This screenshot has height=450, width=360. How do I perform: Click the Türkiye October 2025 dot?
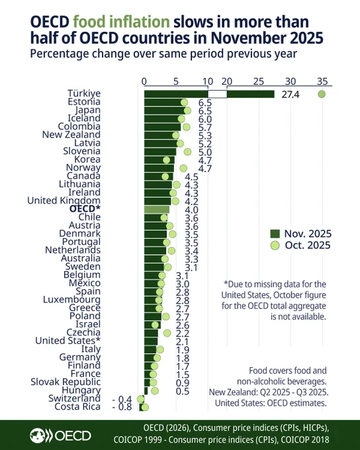[x=322, y=94]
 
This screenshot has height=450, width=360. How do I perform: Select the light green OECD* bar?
[x=157, y=210]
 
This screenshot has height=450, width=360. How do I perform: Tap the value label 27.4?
[x=291, y=95]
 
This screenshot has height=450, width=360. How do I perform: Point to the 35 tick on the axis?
[x=322, y=81]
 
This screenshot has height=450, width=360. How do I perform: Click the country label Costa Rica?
[x=77, y=407]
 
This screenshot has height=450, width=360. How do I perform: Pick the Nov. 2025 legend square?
[x=275, y=234]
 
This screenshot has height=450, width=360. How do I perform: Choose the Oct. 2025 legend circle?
[x=275, y=246]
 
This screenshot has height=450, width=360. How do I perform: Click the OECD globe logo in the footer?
[x=38, y=435]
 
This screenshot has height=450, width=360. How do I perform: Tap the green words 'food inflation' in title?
[x=121, y=22]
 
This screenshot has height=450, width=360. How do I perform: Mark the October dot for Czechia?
[x=167, y=333]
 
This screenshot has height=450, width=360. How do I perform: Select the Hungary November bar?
[x=146, y=391]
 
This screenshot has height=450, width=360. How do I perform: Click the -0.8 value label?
[x=122, y=407]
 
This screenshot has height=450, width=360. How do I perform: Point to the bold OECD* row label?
[x=85, y=208]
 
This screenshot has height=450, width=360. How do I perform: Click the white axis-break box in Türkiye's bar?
[x=217, y=94]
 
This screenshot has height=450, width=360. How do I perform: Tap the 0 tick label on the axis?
[x=144, y=81]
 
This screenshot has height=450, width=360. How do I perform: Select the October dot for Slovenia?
[x=187, y=152]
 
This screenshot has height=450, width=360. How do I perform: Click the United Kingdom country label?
[x=64, y=201]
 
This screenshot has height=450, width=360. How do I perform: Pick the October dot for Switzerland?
[x=141, y=399]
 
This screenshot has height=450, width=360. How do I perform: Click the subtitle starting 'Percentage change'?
[x=163, y=54]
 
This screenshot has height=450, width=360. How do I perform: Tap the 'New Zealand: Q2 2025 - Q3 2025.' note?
[x=269, y=392]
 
